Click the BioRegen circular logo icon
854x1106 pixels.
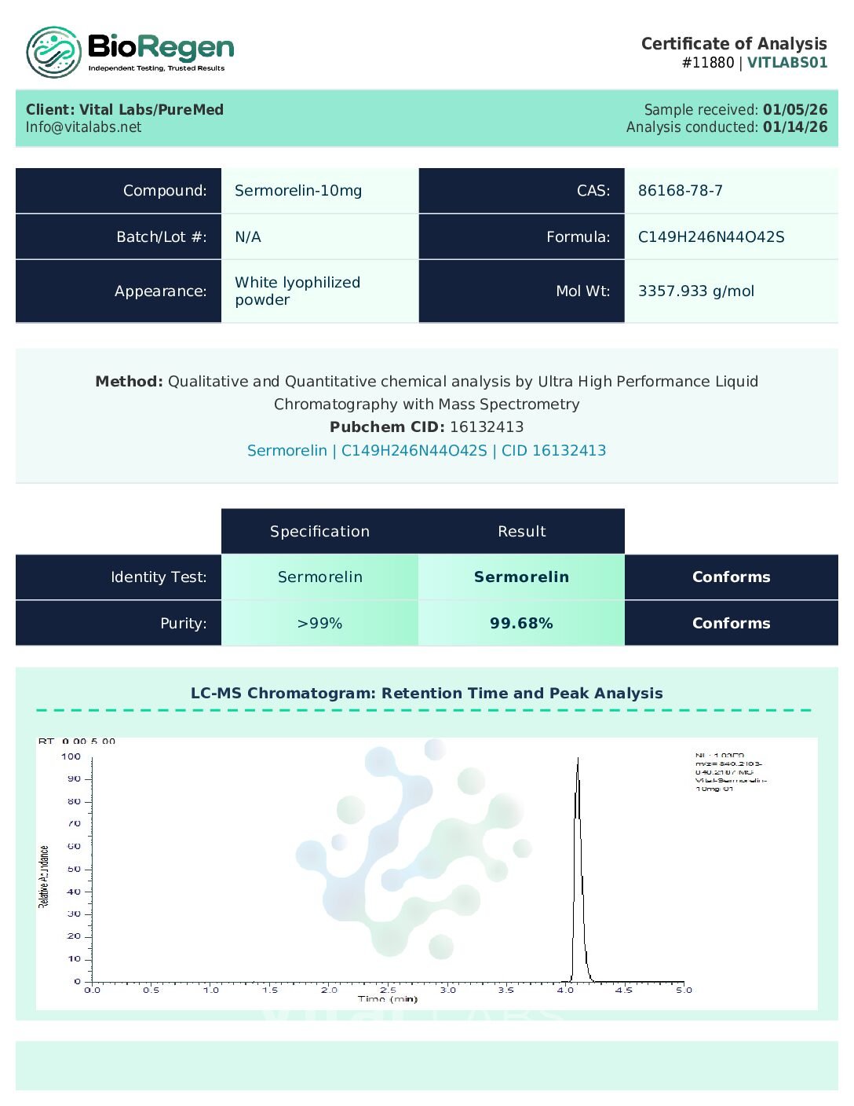(53, 53)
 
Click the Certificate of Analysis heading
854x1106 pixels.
(733, 44)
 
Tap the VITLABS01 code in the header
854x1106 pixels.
(786, 63)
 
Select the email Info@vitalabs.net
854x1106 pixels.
(84, 127)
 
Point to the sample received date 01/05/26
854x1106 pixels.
(794, 110)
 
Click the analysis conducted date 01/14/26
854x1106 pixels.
(794, 127)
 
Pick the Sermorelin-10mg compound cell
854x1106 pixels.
(298, 191)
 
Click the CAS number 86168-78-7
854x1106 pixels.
(680, 191)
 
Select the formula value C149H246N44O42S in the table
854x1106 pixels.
(710, 237)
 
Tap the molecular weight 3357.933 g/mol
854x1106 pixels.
(695, 291)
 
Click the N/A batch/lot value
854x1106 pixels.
(248, 237)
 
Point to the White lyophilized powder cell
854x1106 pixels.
(297, 291)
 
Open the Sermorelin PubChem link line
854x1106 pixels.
(426, 451)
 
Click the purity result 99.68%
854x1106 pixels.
(521, 624)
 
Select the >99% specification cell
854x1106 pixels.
(319, 624)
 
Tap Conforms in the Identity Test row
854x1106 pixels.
(731, 577)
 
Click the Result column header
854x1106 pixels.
(521, 532)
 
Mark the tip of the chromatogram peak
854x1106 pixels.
(578, 759)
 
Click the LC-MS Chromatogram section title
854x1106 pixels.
(426, 694)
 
